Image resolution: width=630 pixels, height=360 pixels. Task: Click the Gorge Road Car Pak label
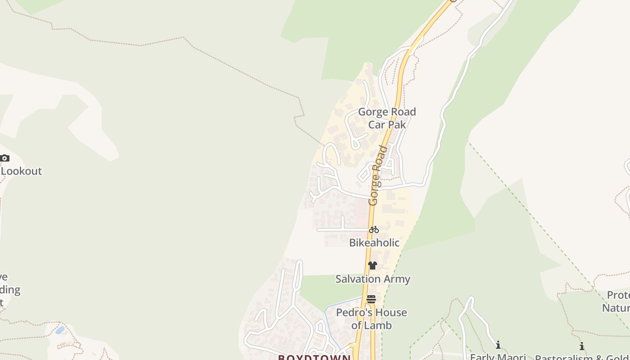[x=387, y=118]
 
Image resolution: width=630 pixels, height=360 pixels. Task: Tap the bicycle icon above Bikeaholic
[x=373, y=229]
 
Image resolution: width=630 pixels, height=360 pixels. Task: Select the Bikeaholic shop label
[x=374, y=243]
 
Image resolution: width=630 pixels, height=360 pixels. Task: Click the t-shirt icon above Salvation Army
[x=372, y=265]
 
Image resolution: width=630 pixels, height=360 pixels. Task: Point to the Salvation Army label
[x=373, y=279]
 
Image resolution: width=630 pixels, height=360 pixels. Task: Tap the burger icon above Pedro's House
[x=371, y=299]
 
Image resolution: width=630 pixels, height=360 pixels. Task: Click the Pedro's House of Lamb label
[x=372, y=319]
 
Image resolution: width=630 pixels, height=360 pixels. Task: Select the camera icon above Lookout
[x=4, y=158]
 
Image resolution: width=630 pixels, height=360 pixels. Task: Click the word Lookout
[x=22, y=171]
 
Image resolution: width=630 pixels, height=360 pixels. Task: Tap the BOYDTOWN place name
[x=314, y=357]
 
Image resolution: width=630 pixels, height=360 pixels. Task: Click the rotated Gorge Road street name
[x=378, y=175]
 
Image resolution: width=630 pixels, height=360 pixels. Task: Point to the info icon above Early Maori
[x=498, y=345]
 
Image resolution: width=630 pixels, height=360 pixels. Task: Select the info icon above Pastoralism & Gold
[x=581, y=346]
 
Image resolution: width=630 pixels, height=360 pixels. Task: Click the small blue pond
[x=60, y=330]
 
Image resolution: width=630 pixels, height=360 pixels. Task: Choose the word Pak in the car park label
[x=397, y=125]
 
